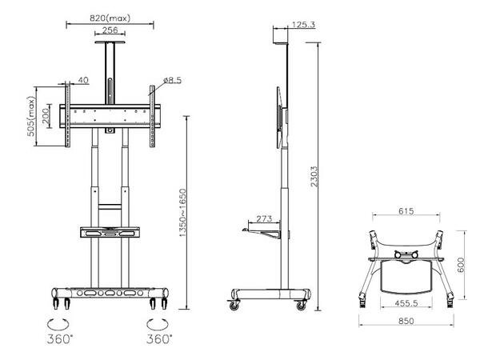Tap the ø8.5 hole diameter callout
(x=174, y=80)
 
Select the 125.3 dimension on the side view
(x=304, y=26)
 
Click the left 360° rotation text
(x=58, y=338)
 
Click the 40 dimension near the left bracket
(x=83, y=80)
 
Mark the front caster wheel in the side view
(x=235, y=306)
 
